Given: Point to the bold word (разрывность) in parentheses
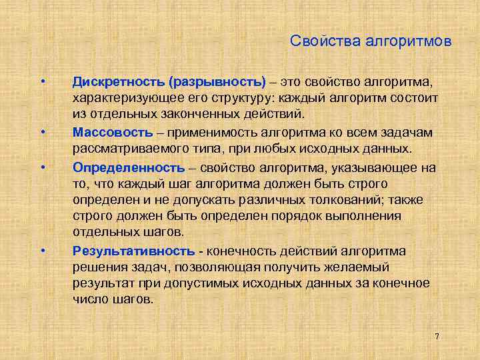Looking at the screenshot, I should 217,82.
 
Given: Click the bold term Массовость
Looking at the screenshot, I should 113,131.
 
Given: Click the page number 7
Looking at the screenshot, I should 437,336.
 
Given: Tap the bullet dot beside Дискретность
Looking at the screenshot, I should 42,82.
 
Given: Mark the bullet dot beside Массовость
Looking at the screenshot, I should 42,131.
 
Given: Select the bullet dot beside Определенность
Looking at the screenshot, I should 42,166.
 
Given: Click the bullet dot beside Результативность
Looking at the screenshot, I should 42,251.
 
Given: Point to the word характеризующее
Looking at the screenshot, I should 127,99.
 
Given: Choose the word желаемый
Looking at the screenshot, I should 361,267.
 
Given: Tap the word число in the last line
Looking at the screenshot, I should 89,299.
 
